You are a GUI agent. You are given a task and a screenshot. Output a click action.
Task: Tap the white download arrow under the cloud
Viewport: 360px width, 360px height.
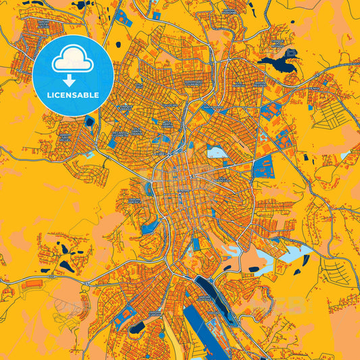(x=72, y=80)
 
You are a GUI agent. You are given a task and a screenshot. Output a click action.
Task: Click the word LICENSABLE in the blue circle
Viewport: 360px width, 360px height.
(x=72, y=95)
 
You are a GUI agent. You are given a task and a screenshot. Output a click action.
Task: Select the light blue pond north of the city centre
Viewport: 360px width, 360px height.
(x=217, y=152)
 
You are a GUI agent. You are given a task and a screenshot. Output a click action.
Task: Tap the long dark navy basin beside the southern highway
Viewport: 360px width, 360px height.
(x=203, y=284)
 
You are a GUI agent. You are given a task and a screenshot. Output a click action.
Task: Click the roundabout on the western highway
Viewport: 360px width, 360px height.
(x=86, y=288)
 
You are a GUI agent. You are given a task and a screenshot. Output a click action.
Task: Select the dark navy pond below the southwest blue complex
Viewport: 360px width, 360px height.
(x=136, y=328)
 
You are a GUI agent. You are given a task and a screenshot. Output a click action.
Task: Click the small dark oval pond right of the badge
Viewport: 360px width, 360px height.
(x=118, y=45)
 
